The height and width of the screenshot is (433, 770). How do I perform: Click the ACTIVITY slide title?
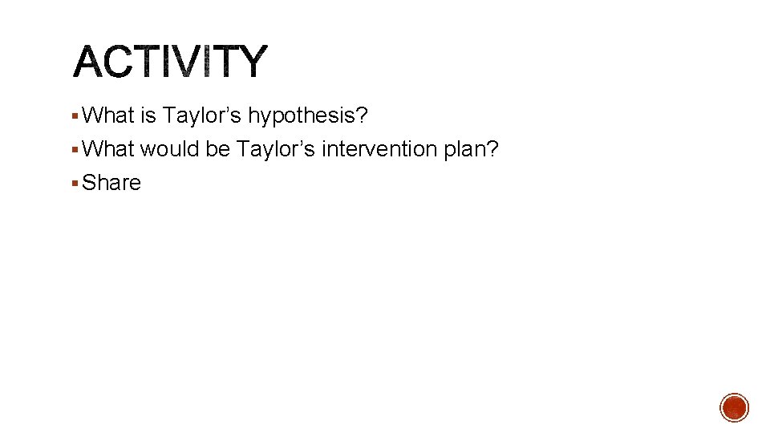[169, 62]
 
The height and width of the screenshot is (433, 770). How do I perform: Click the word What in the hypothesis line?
[108, 116]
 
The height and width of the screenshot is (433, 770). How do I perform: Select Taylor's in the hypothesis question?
[202, 116]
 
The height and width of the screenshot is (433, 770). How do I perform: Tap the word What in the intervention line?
[108, 149]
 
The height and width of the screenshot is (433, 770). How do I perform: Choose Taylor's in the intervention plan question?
[276, 149]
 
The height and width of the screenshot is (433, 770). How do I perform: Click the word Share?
[111, 183]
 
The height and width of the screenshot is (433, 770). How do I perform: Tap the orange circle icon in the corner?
[734, 407]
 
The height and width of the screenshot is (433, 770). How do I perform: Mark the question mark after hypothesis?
[362, 116]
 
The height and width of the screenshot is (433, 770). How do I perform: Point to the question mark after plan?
[493, 149]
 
